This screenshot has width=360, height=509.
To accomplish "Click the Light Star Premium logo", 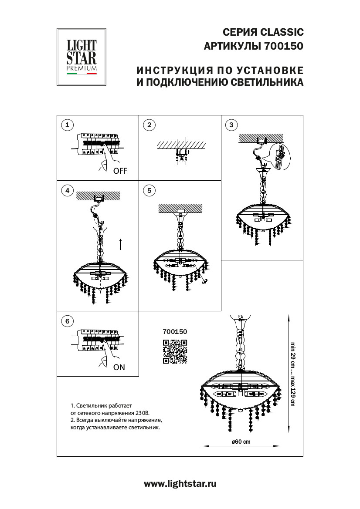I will coord(82,57).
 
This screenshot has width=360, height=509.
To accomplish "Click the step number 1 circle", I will coord(67,125).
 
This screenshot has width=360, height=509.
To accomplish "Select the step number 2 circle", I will coord(149,125).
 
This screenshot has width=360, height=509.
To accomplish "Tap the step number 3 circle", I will coord(231,125).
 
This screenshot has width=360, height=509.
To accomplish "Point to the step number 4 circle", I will coord(67,190).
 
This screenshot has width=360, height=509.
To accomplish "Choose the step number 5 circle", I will coord(149,190).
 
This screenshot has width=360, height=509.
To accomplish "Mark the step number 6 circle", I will coord(67,321).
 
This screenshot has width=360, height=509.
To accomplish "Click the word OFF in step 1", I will coord(120,171).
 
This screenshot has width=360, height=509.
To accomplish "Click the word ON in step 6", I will coord(119,367).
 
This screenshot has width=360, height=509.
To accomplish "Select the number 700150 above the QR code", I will coord(174,331).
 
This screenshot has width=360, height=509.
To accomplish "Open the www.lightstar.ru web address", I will coord(180,483).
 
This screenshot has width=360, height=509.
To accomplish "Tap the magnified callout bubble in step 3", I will coord(279,155).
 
